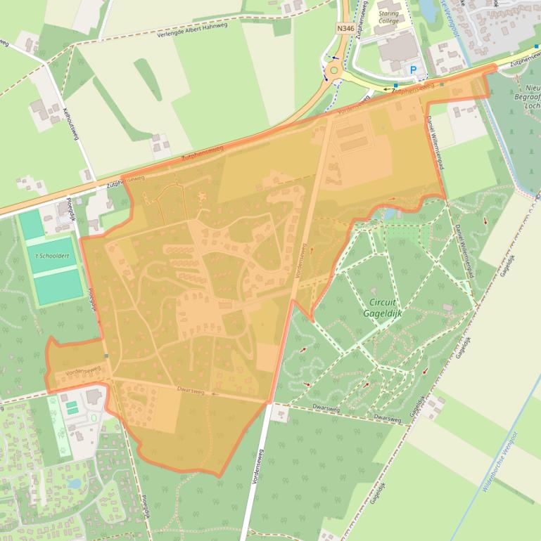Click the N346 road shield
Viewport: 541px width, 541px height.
[x=345, y=28]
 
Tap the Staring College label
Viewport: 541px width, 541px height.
[x=388, y=17]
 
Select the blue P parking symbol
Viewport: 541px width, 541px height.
[x=413, y=70]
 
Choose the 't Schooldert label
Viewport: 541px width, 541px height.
[x=50, y=257]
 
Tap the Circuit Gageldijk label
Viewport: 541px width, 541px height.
[x=383, y=308]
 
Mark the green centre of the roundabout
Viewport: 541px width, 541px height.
[x=333, y=70]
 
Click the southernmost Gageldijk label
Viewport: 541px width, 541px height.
[x=378, y=495]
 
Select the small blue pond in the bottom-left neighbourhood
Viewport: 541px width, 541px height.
[x=75, y=484]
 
